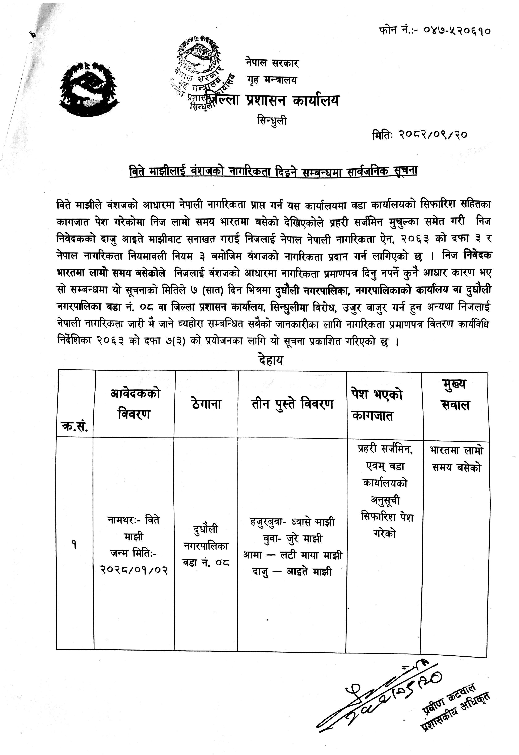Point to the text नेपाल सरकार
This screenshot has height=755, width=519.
272,63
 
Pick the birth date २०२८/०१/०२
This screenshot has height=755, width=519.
134,570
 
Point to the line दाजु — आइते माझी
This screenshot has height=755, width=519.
292,571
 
